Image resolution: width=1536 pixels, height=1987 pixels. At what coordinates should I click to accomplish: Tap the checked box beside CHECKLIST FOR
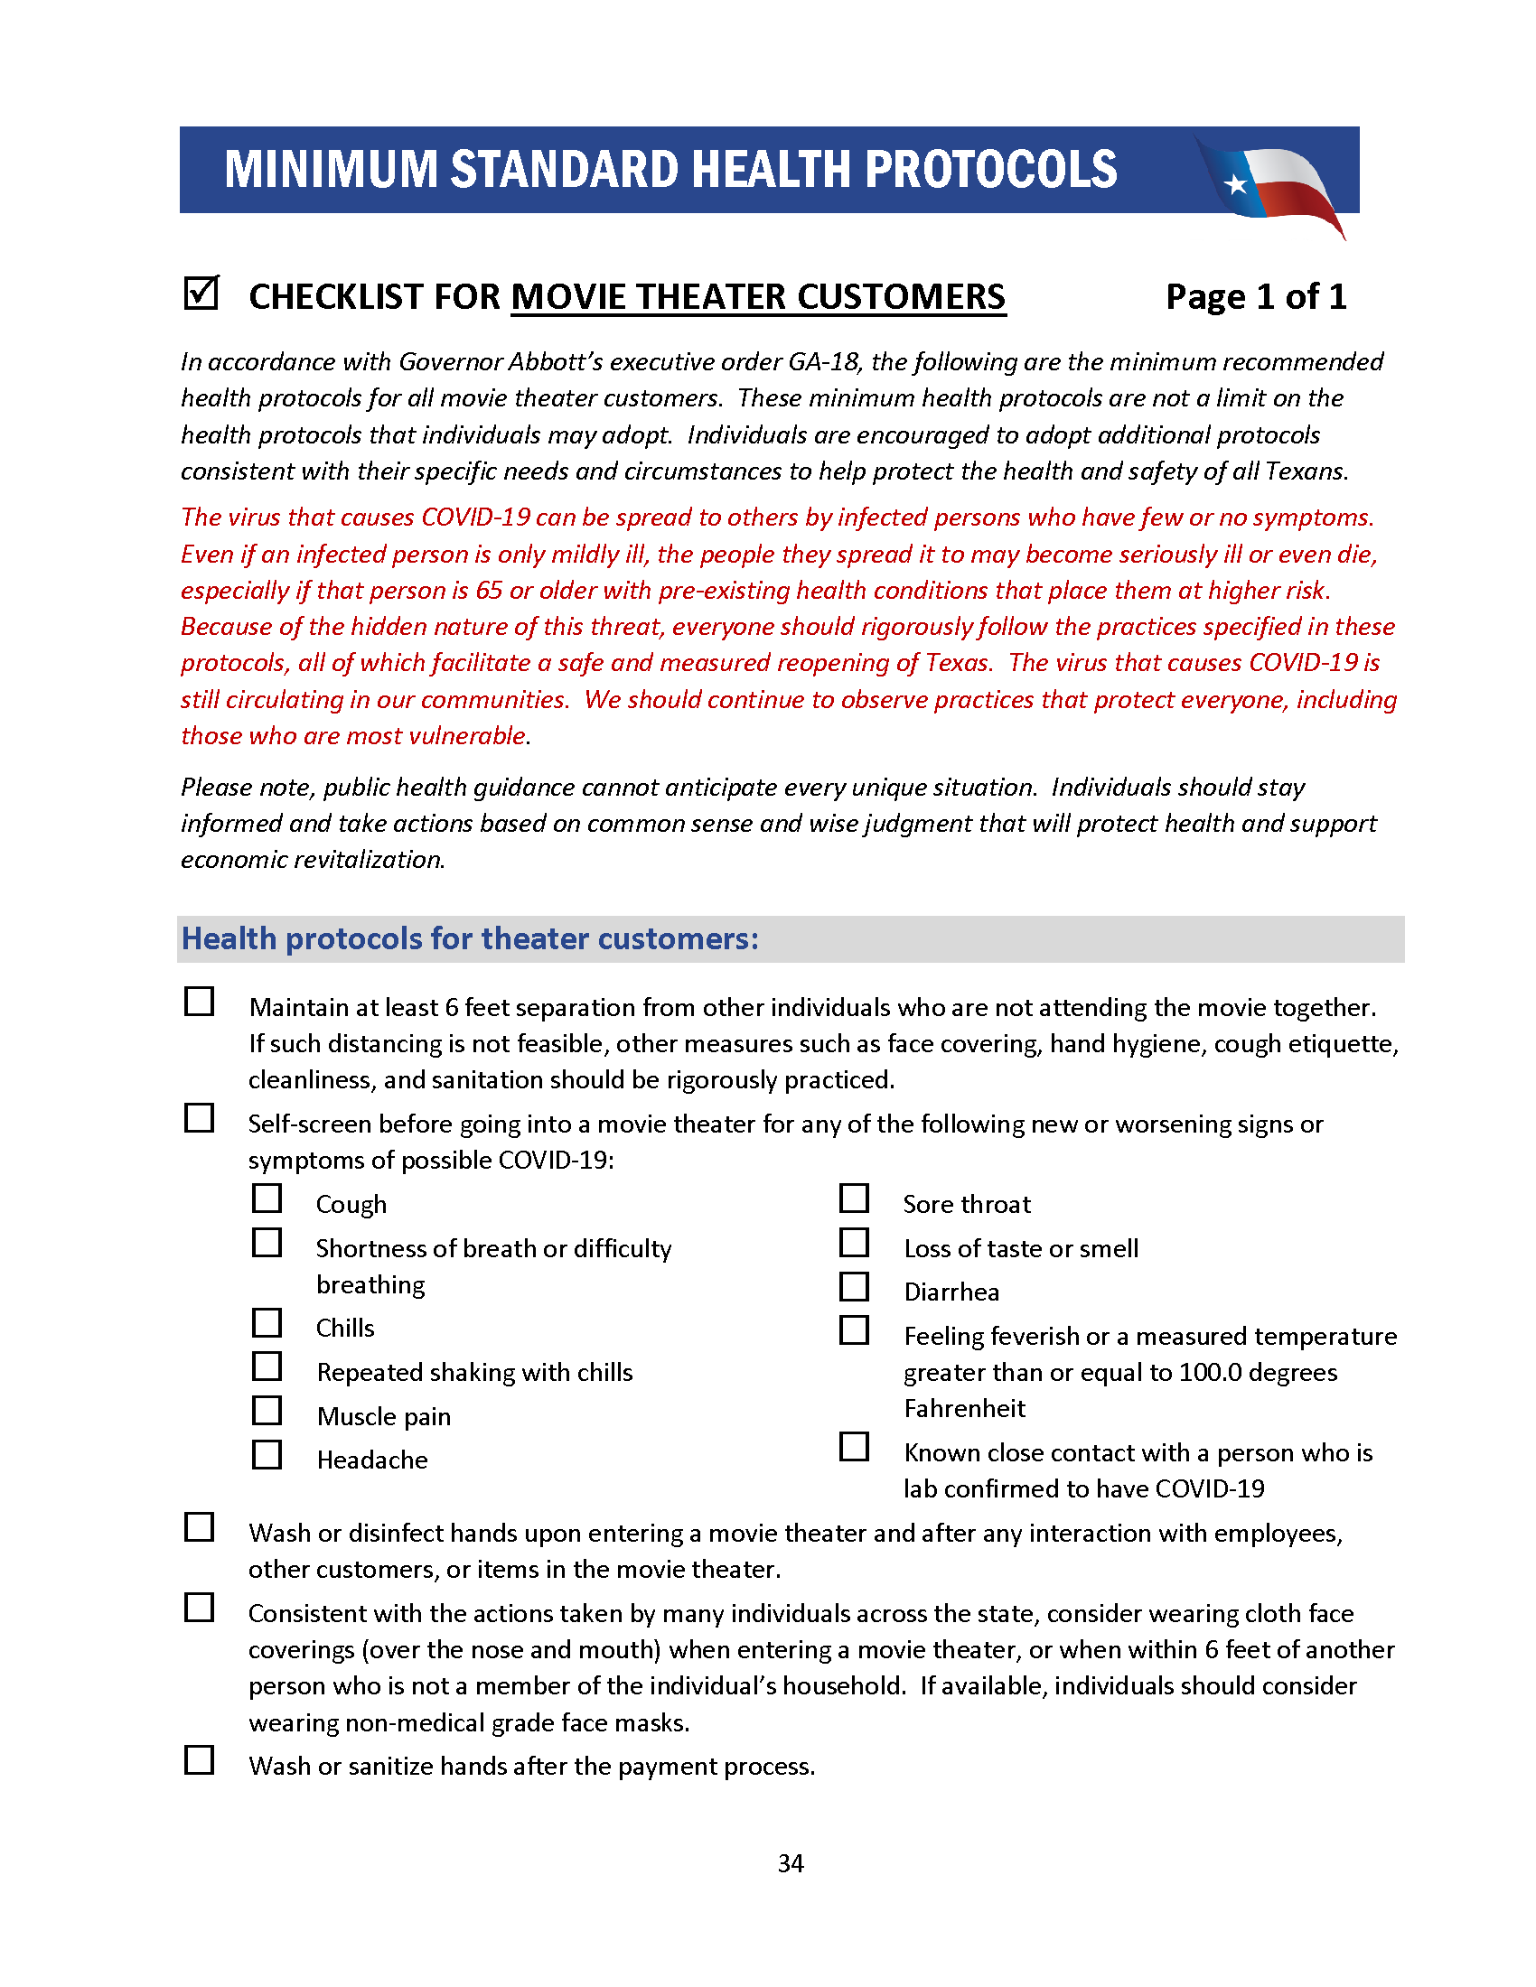click(201, 293)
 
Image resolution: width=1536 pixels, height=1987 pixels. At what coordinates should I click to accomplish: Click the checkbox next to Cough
click(267, 1199)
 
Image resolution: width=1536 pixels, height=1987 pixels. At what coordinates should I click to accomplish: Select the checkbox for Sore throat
click(854, 1199)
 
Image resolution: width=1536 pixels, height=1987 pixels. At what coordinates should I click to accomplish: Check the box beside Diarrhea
click(854, 1286)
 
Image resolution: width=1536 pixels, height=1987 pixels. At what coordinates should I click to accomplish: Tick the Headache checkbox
click(267, 1454)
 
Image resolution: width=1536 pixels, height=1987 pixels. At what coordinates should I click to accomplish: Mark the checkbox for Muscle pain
click(267, 1410)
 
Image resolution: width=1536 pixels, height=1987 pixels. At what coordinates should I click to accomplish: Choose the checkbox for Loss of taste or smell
click(854, 1242)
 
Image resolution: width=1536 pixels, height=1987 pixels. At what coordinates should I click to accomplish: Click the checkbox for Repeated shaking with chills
click(267, 1366)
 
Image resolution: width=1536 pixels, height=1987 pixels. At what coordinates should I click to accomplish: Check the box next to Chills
click(267, 1322)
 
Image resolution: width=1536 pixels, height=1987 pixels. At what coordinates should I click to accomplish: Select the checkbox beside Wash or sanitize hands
click(200, 1759)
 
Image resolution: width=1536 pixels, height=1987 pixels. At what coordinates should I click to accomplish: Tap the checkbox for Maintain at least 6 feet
click(200, 1001)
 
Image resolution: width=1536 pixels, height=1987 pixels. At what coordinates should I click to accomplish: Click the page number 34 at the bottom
click(790, 1863)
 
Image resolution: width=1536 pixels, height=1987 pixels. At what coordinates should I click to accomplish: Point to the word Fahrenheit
click(964, 1408)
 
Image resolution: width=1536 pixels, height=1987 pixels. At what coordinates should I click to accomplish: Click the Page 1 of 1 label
click(1255, 296)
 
